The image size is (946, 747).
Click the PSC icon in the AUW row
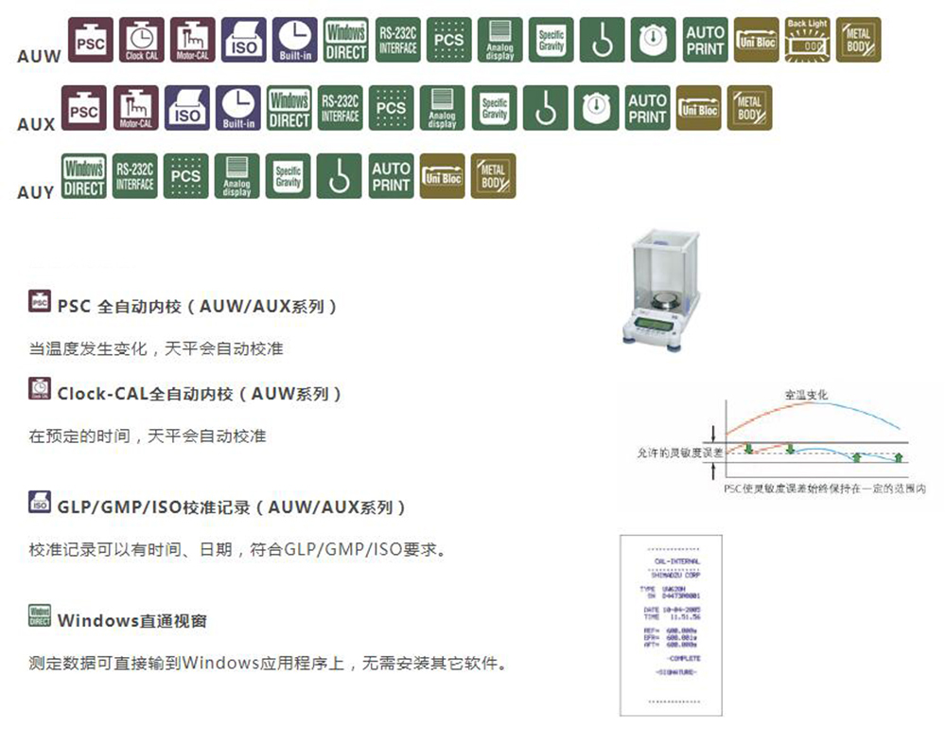pyautogui.click(x=91, y=40)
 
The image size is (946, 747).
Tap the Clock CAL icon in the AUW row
pyautogui.click(x=142, y=40)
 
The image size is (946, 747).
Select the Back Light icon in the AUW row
pyautogui.click(x=807, y=40)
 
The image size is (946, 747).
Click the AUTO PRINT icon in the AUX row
pyautogui.click(x=648, y=108)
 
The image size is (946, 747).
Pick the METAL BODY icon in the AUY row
pyautogui.click(x=493, y=176)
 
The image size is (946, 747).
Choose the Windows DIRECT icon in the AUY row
pyautogui.click(x=84, y=176)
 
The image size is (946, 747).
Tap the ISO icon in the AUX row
pyautogui.click(x=187, y=108)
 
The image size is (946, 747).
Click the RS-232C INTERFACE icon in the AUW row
pyautogui.click(x=398, y=40)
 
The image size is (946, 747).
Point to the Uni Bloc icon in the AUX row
pyautogui.click(x=698, y=108)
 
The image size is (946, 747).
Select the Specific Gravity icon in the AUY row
pyautogui.click(x=289, y=176)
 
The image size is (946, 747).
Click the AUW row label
pyautogui.click(x=39, y=56)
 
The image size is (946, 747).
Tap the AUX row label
pyautogui.click(x=36, y=124)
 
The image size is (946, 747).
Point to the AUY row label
pyautogui.click(x=36, y=192)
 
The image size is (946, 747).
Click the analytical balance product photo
pyautogui.click(x=659, y=289)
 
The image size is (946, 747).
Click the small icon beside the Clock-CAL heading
pyautogui.click(x=41, y=390)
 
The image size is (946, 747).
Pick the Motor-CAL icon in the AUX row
pyautogui.click(x=136, y=108)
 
